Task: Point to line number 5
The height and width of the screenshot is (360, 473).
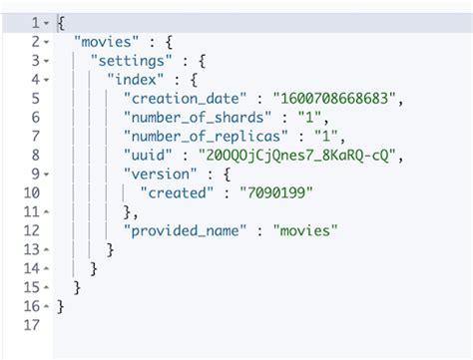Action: click(37, 98)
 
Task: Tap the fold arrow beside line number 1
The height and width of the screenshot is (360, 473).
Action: click(49, 22)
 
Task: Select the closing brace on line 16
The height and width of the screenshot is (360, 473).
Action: click(61, 305)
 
